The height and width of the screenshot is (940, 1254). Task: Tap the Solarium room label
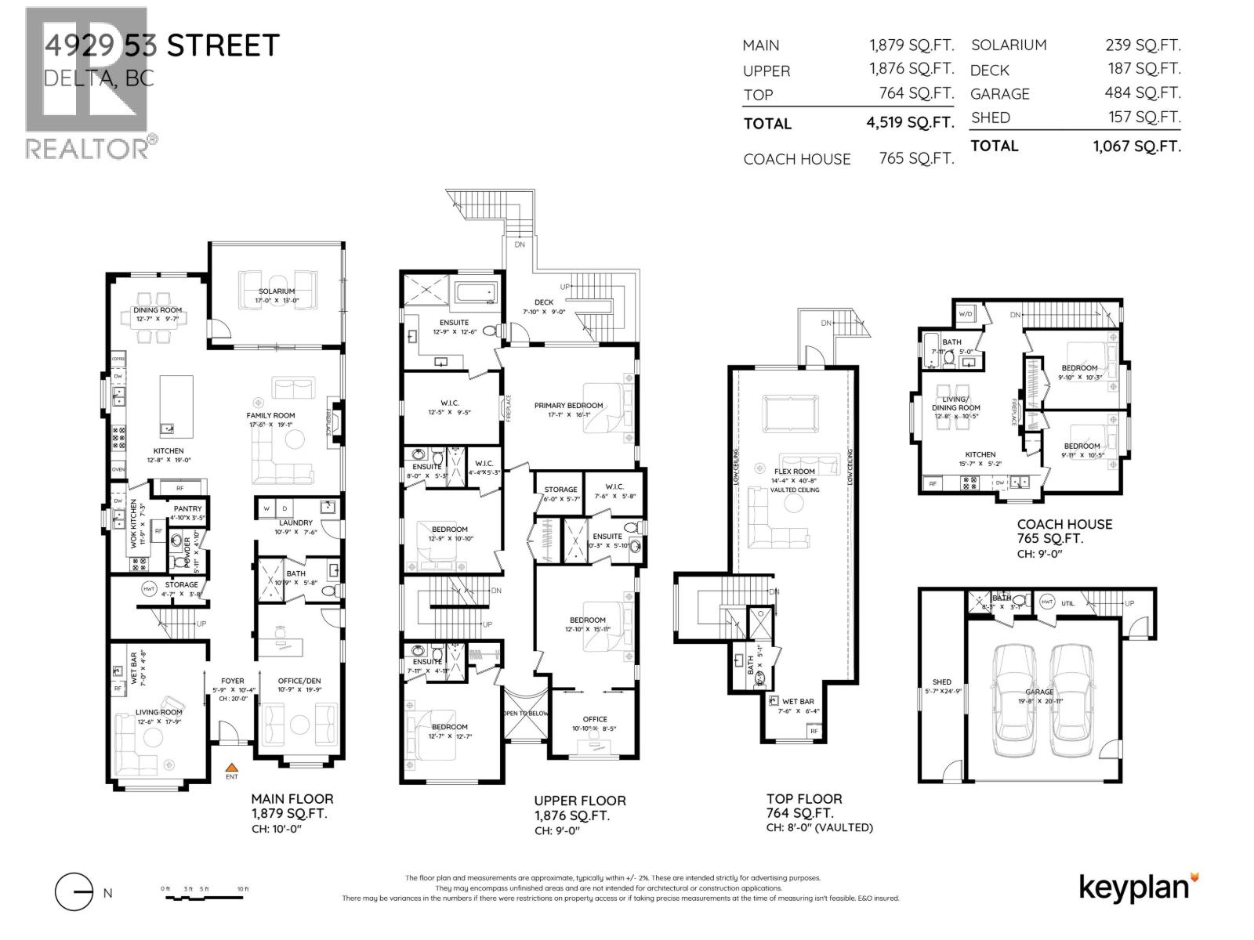(275, 291)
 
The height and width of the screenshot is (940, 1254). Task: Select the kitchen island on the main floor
(176, 405)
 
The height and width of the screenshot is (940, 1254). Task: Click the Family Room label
(270, 416)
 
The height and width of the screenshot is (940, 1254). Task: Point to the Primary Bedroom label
(568, 406)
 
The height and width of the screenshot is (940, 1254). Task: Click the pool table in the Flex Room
(794, 413)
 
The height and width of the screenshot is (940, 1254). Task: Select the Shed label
(941, 682)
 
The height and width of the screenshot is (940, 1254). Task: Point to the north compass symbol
(75, 893)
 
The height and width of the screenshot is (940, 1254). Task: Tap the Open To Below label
(524, 714)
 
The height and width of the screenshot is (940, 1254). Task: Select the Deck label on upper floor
(544, 302)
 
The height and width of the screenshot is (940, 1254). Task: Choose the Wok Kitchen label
(134, 522)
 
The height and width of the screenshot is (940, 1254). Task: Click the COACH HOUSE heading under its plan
(1064, 525)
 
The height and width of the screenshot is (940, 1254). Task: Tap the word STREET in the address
(223, 45)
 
